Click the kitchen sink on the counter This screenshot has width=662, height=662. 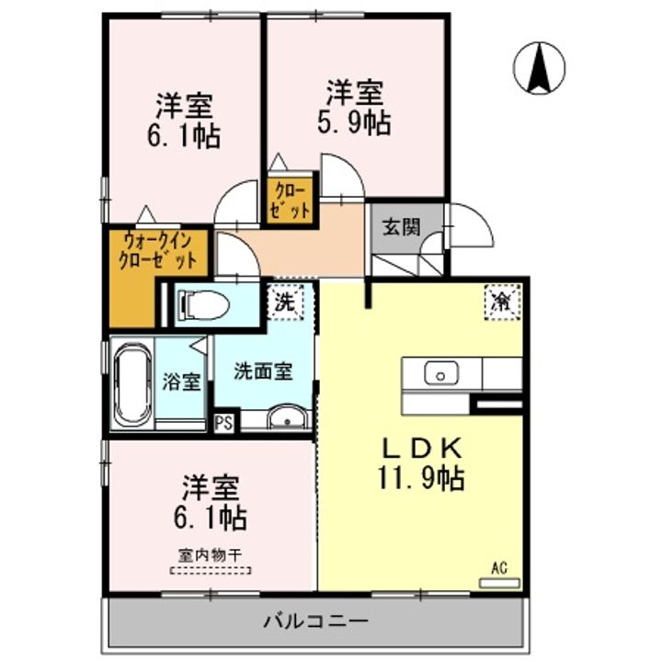[x=441, y=374]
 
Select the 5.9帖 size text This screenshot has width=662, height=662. [x=354, y=121]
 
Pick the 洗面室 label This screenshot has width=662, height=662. [x=262, y=371]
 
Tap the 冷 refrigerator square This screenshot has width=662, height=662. [x=502, y=302]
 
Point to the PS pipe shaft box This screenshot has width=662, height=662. [x=223, y=423]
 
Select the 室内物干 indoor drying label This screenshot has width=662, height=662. [x=211, y=555]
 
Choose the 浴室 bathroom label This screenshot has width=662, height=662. [x=182, y=382]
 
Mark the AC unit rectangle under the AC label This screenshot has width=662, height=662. [x=499, y=582]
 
